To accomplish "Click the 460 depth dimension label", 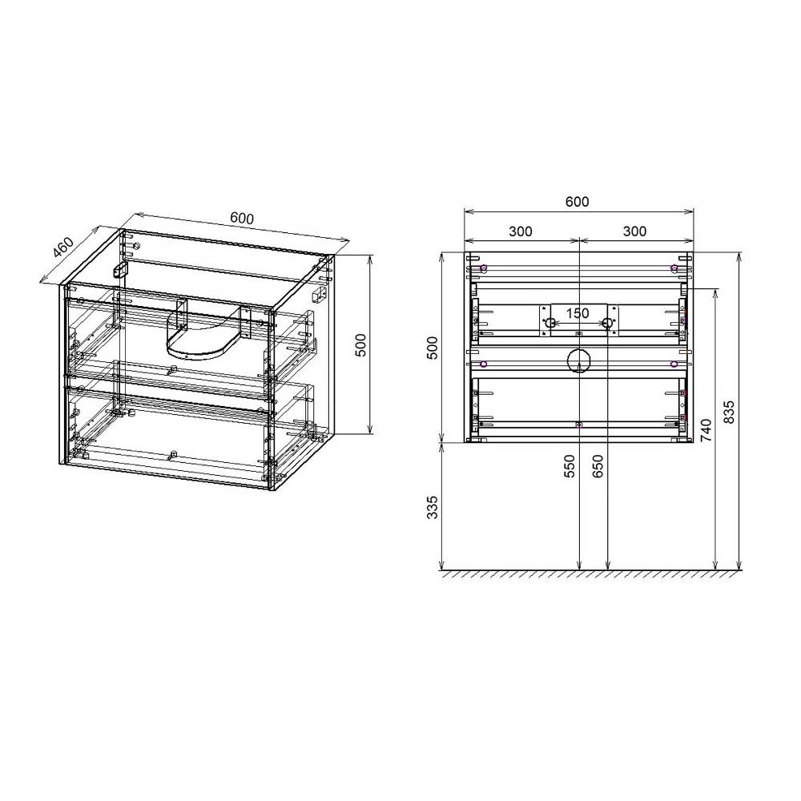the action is point(64,248).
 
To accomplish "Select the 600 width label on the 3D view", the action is point(242,218).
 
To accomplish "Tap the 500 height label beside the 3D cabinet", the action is point(360,344).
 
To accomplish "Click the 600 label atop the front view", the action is point(578,202).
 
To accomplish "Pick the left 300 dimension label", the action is point(521,231).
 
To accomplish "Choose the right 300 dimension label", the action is point(635,231).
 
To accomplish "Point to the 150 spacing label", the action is point(578,313).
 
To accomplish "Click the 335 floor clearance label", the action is point(433,507).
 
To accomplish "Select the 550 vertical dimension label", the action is point(570,466).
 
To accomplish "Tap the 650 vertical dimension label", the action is point(598,466).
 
